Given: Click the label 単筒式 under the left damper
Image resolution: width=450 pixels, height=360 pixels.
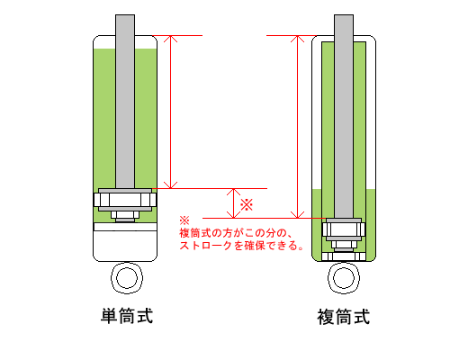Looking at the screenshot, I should (x=126, y=316).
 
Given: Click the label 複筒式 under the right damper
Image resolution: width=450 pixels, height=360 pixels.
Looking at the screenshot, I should (x=344, y=318).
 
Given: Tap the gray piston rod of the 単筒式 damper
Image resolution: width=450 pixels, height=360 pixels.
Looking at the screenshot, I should (x=126, y=99).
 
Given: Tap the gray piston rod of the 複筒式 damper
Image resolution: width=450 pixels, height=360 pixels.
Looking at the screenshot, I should (x=344, y=108).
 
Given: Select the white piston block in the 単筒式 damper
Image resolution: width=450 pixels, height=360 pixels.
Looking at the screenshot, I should (x=126, y=199).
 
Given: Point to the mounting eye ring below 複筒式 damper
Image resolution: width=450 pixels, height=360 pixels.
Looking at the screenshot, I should (x=344, y=275).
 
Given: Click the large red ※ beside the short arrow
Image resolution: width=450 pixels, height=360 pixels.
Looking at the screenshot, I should (x=246, y=204).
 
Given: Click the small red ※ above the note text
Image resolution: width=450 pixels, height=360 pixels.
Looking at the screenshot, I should (x=184, y=220).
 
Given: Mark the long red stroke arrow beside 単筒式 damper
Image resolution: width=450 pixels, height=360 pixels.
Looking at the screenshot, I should (x=171, y=112).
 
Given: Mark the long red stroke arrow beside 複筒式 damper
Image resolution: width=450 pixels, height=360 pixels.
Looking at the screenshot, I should (x=297, y=126).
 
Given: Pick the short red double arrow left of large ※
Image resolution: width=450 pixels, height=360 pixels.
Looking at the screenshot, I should (x=232, y=203).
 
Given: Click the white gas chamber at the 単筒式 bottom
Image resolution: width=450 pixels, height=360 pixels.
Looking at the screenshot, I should (x=126, y=243).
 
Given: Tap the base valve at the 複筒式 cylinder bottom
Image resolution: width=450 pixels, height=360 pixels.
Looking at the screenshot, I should (x=344, y=255).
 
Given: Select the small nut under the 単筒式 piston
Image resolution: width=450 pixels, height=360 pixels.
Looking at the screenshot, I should (x=126, y=215).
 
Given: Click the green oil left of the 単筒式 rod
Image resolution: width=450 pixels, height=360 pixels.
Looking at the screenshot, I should (x=105, y=117).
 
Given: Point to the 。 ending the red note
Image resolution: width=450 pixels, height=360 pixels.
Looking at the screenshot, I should (x=298, y=247).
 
